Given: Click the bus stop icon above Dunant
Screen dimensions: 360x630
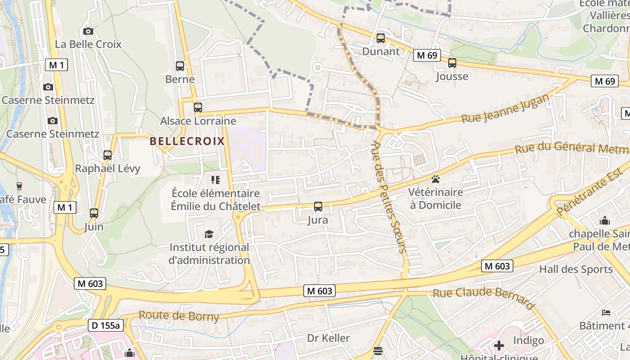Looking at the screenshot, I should pyautogui.click(x=381, y=38).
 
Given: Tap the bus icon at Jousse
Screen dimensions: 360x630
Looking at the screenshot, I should pyautogui.click(x=452, y=63).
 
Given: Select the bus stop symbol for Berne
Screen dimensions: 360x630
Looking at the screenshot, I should pyautogui.click(x=180, y=66).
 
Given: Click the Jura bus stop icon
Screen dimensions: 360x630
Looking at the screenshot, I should pyautogui.click(x=318, y=207).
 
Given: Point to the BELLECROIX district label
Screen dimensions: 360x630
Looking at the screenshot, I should pyautogui.click(x=187, y=141).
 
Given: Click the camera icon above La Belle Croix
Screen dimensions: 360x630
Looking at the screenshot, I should pyautogui.click(x=88, y=31).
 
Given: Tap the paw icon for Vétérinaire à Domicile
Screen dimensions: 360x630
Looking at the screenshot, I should pyautogui.click(x=436, y=180).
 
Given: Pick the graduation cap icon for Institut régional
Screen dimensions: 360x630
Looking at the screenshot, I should pyautogui.click(x=209, y=234).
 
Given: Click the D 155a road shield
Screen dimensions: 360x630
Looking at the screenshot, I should pyautogui.click(x=105, y=325).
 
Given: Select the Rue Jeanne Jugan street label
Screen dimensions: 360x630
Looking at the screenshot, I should pyautogui.click(x=505, y=108).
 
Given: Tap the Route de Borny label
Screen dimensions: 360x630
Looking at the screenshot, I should pyautogui.click(x=179, y=316).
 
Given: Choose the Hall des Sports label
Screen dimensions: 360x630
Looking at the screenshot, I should pyautogui.click(x=576, y=270).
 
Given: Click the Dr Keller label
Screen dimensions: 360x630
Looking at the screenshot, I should pyautogui.click(x=328, y=338).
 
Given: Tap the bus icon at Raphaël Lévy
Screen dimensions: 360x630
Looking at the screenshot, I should pyautogui.click(x=108, y=155).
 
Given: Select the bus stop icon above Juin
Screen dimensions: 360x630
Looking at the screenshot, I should pyautogui.click(x=94, y=213).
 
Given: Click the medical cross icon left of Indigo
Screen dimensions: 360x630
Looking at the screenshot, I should pyautogui.click(x=499, y=346).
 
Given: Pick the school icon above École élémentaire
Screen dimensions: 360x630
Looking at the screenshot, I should pyautogui.click(x=216, y=180).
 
